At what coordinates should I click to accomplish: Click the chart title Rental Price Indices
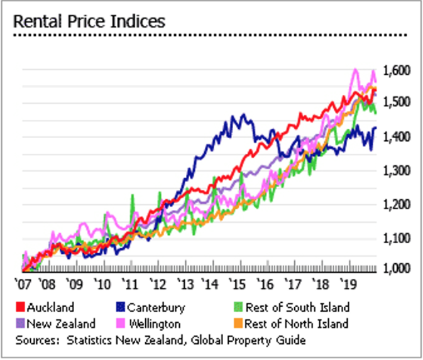(89, 21)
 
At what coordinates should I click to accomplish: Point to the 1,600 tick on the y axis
(397, 70)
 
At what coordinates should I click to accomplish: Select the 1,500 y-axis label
(397, 102)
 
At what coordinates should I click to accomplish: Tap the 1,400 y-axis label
(397, 137)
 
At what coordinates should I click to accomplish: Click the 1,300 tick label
(397, 171)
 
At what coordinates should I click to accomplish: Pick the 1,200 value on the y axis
(397, 205)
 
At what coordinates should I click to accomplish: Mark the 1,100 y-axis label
(397, 239)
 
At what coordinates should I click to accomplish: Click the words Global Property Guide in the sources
(255, 341)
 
